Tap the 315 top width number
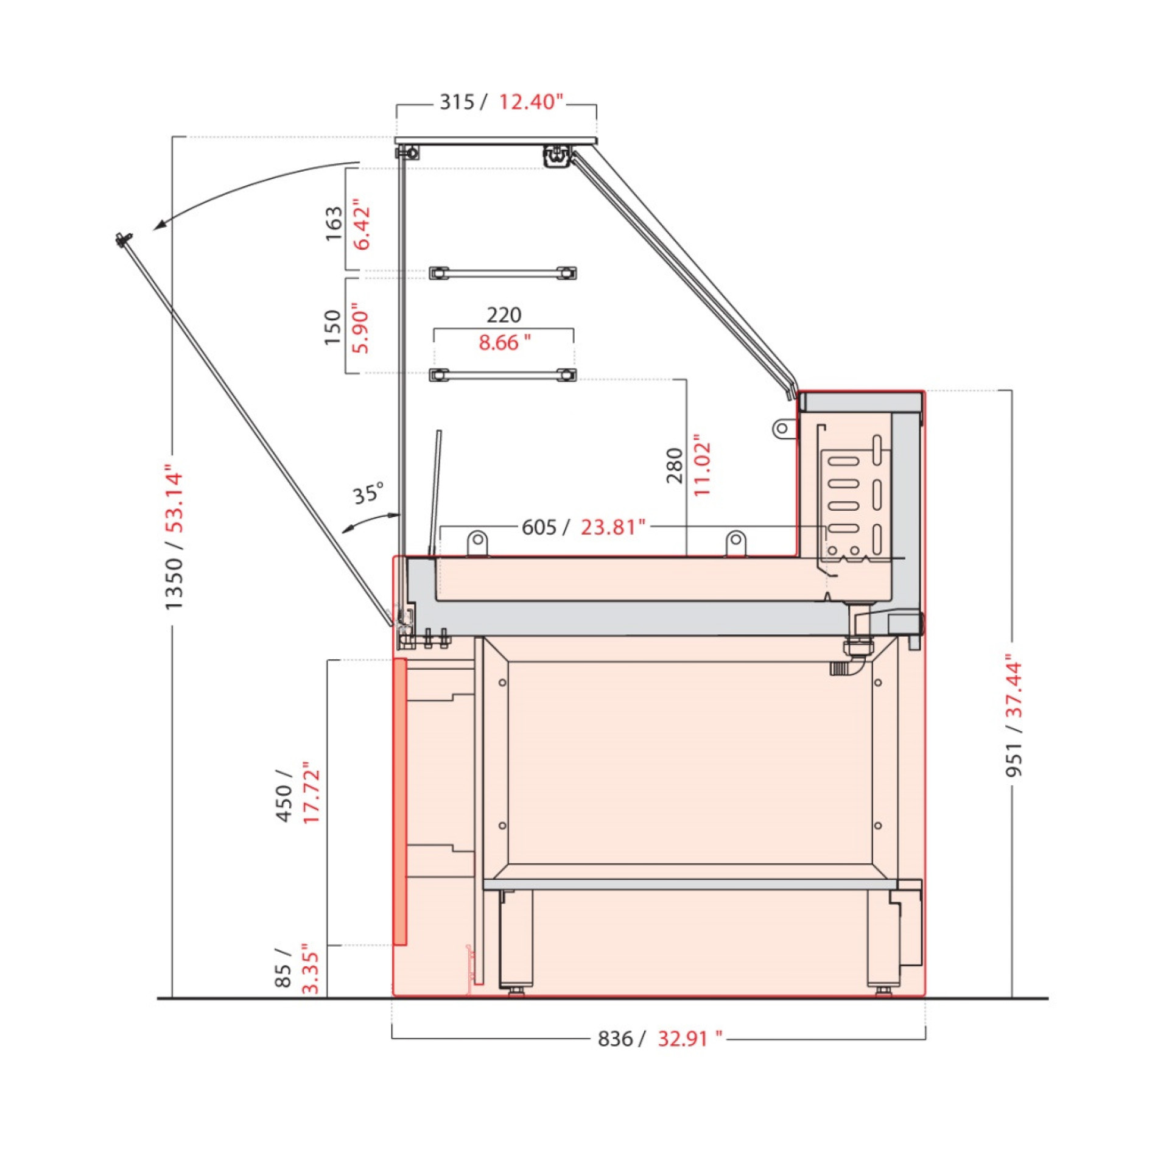(457, 102)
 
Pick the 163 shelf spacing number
(334, 223)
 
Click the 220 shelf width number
(504, 315)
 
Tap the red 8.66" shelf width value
(504, 343)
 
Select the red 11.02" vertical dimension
(702, 466)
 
